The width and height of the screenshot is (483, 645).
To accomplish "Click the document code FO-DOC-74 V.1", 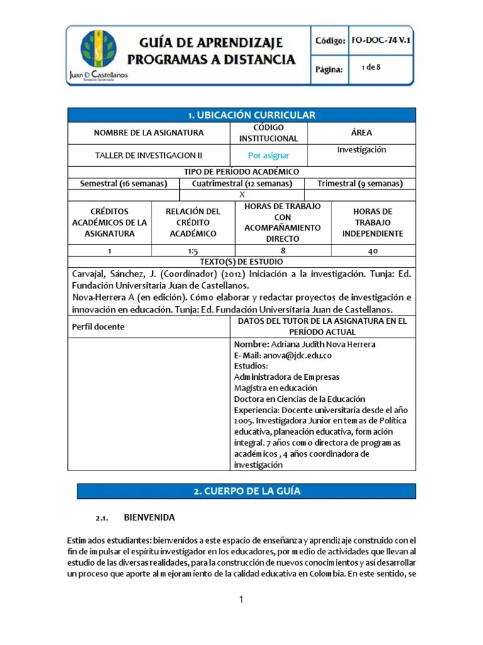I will pos(382,40).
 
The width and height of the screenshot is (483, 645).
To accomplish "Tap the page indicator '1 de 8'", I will pos(372,68).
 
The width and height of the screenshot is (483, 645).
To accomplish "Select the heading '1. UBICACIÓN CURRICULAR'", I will pos(242,115).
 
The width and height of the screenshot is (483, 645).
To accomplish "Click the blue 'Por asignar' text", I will pos(269,156).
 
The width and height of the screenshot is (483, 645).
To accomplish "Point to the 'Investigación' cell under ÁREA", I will pos(361,150).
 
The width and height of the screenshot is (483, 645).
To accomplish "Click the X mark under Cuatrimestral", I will pos(241,195).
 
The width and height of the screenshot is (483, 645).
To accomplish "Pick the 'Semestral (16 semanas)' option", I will pos(123,183).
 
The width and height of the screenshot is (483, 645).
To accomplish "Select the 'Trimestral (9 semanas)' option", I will pos(360,183).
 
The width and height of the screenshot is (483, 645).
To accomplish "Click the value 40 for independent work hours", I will pos(372,251).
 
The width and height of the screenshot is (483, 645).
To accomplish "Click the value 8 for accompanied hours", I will pos(283,250).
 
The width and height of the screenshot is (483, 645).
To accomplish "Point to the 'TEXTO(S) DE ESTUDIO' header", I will pos(241,261).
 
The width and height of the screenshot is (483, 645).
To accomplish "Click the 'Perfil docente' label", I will pos(97,327).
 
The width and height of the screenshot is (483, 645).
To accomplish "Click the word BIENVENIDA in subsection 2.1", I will pos(149,518).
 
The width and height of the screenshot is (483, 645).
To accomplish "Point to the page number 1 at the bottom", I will pos(241,600).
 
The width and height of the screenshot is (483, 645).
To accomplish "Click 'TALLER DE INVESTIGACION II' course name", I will pos(148,155).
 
